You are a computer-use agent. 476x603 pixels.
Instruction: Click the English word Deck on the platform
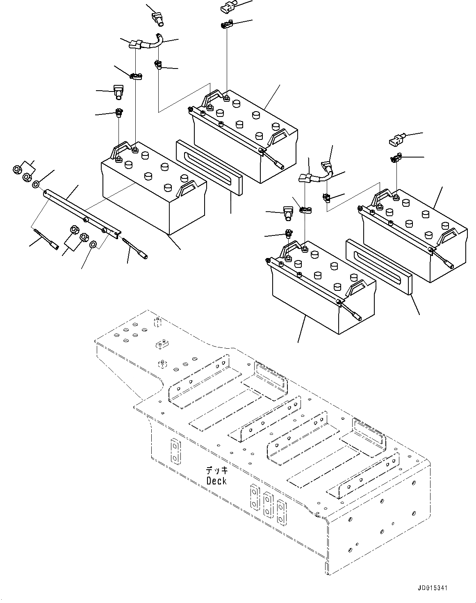click(216, 481)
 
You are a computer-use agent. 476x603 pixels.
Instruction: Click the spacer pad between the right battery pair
click(380, 267)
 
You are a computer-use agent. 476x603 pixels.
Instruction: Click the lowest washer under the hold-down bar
click(93, 245)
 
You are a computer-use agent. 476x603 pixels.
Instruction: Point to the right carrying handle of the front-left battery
click(187, 188)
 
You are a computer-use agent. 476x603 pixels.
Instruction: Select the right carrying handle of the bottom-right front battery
click(357, 287)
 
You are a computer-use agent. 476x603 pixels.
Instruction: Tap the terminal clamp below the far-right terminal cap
click(396, 158)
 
